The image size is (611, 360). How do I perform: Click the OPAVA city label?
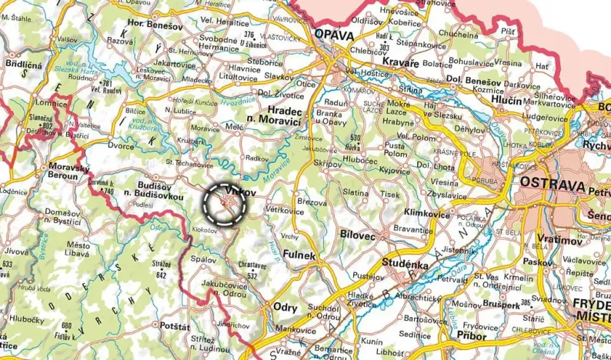coord(333,35)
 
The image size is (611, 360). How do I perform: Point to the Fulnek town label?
coord(299,255)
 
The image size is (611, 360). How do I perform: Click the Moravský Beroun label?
coord(64,171)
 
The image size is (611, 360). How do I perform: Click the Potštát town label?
coord(175,327)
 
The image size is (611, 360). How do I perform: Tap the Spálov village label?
coord(204,260)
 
